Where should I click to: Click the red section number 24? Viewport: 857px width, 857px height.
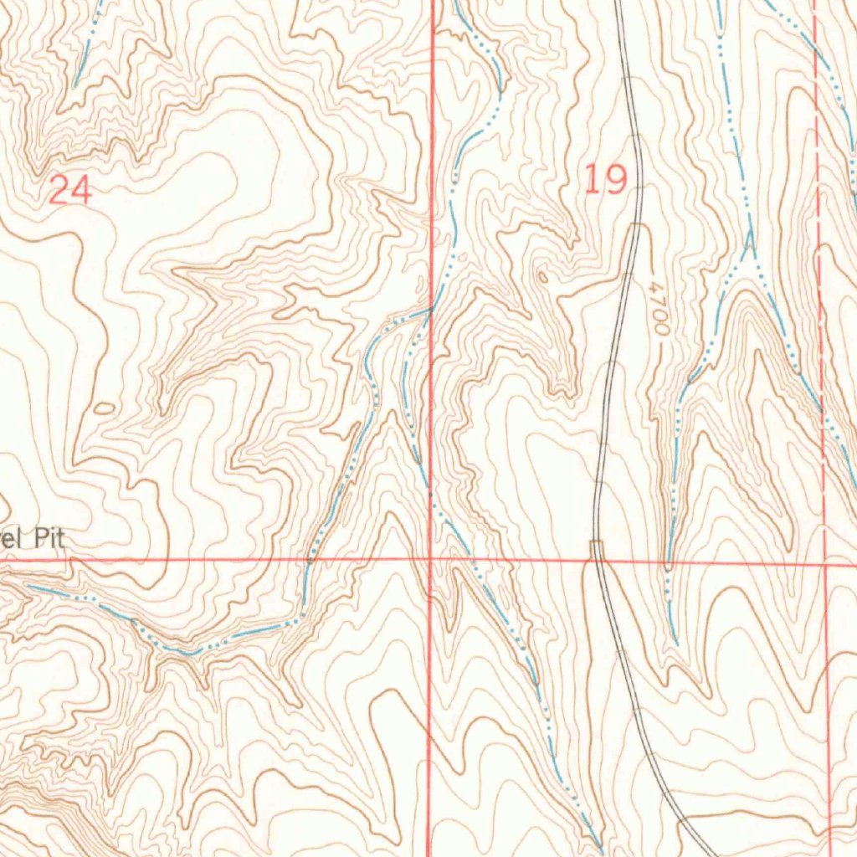coord(69,191)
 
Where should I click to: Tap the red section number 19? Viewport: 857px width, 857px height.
coord(605,180)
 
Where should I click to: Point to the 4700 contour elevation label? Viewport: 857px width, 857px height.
coord(659,309)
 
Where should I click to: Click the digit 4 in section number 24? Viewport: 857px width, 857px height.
coord(80,191)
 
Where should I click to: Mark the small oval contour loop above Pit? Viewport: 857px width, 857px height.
coord(105,408)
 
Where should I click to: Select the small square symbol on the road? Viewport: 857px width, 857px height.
coord(596,547)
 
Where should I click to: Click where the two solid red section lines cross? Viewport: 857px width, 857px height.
coord(430,559)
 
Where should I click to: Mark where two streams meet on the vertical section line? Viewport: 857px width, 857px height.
coord(431,310)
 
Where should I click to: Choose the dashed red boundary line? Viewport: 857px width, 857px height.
coord(819,335)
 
